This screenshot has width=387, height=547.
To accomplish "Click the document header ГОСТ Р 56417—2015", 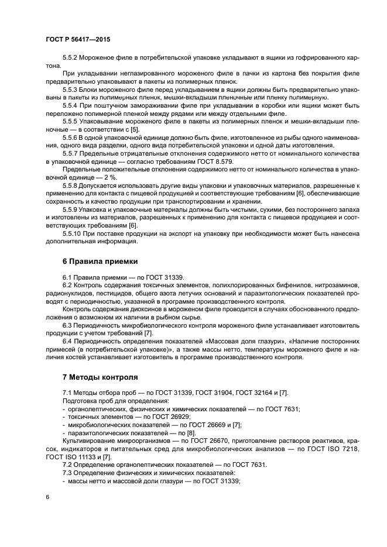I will pos(77,40).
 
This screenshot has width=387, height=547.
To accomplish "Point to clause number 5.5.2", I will pos(70,59).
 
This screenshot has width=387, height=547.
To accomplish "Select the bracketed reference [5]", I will pos(134,128).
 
